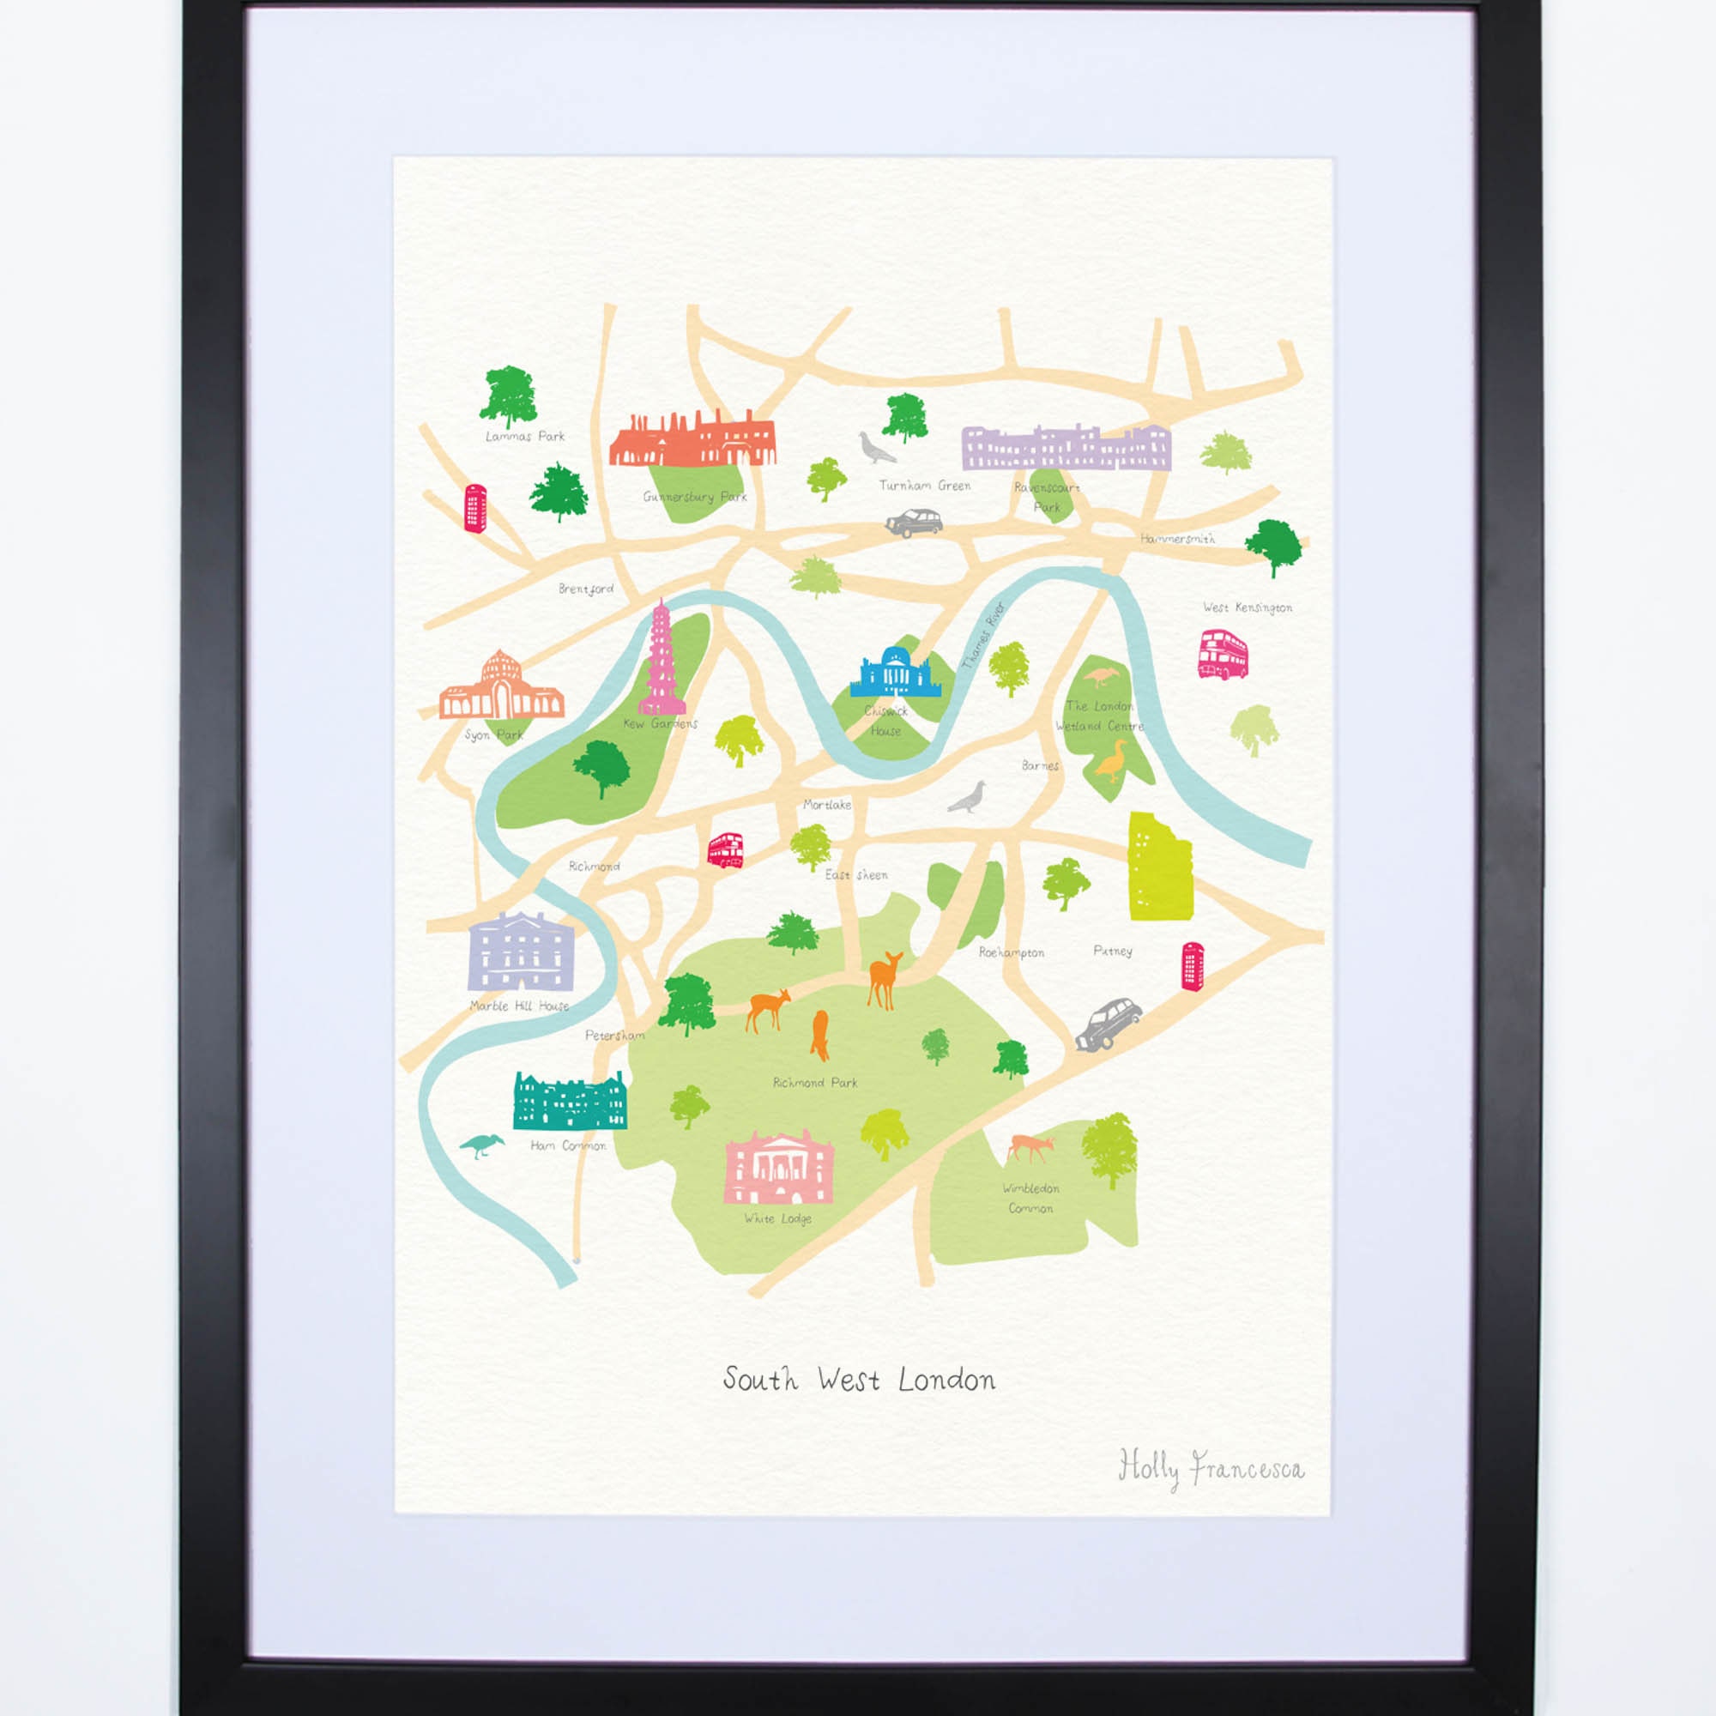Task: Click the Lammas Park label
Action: [x=525, y=436]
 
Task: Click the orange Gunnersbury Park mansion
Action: [x=692, y=438]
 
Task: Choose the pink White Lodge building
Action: [x=779, y=1167]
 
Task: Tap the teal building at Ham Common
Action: [x=571, y=1102]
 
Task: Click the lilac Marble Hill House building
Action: [x=522, y=952]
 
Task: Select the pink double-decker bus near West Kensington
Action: [x=1223, y=654]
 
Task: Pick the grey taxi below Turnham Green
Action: [x=914, y=523]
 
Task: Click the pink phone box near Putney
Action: [x=1192, y=966]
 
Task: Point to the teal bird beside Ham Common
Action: [x=481, y=1145]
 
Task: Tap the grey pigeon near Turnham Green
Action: [x=876, y=448]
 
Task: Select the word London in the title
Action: [x=947, y=1380]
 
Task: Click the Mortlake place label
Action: [x=827, y=805]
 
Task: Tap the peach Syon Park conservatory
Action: [x=501, y=688]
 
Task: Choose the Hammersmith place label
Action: [x=1177, y=538]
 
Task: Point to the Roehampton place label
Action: [x=1011, y=953]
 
